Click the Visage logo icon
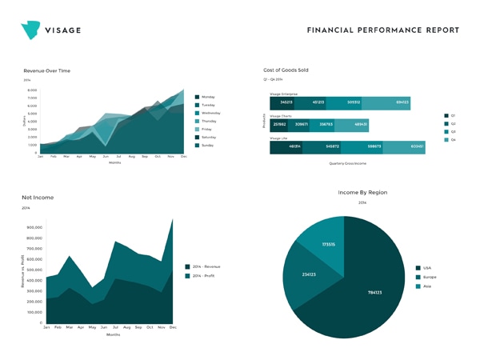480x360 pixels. point(30,30)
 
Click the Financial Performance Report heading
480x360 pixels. point(382,30)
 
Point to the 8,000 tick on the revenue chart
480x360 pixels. point(32,90)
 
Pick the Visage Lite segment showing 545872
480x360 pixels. point(332,146)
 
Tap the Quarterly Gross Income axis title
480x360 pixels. point(347,163)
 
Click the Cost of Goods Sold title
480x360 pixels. point(286,70)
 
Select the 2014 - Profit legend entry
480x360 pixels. point(203,276)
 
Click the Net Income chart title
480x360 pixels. point(38,197)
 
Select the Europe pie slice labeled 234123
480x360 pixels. point(309,274)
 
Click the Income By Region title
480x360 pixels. point(362,193)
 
